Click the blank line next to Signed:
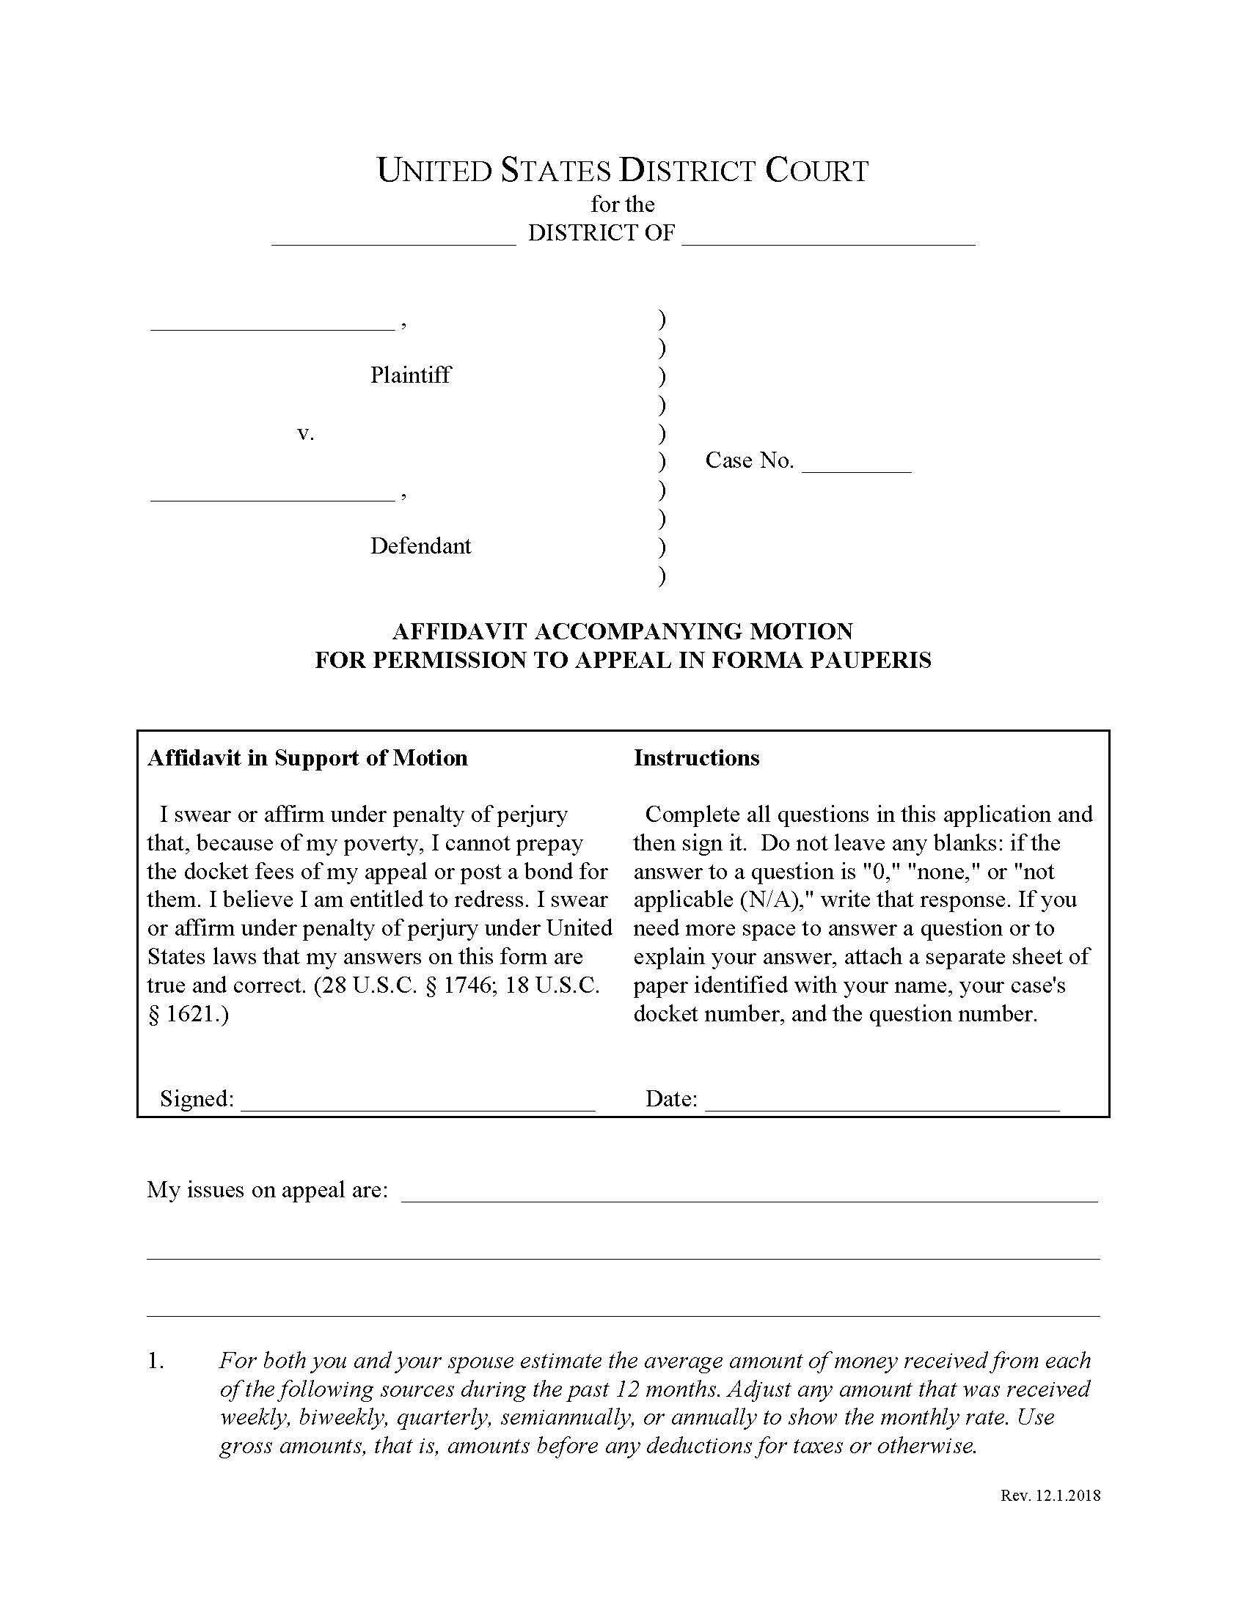(x=418, y=1101)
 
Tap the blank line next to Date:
(x=882, y=1101)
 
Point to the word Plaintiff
(x=410, y=375)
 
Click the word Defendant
(x=420, y=546)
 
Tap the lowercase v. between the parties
(x=305, y=433)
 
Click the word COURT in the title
(x=816, y=171)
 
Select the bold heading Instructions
(x=696, y=759)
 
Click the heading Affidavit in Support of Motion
(x=307, y=759)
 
